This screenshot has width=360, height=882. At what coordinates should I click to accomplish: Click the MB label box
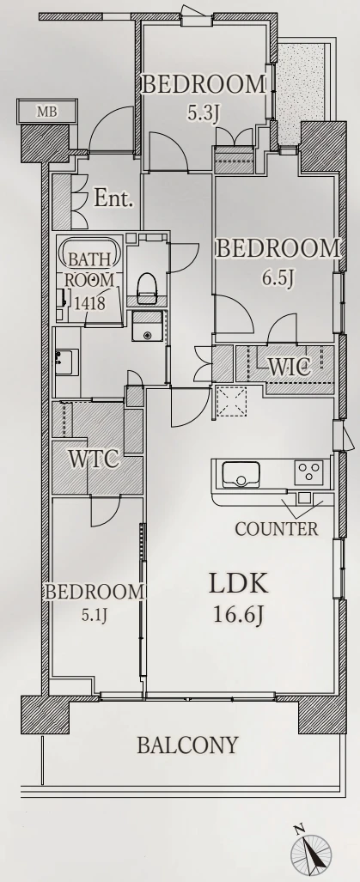(46, 111)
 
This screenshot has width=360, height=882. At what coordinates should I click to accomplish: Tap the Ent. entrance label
(113, 198)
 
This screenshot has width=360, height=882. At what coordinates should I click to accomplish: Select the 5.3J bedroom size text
(203, 114)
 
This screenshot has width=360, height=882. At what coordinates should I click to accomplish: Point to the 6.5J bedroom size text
(278, 278)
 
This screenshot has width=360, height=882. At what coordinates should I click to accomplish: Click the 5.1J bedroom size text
(95, 614)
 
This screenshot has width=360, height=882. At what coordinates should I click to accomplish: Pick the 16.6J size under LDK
(239, 615)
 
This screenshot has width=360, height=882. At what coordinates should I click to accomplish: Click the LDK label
(239, 584)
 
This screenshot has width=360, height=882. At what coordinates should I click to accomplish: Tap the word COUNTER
(276, 529)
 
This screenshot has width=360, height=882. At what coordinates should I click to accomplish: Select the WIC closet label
(289, 368)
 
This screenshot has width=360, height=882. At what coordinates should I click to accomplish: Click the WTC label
(95, 459)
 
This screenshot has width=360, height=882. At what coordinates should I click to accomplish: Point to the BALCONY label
(188, 745)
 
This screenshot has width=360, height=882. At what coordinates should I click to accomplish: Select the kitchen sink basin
(241, 473)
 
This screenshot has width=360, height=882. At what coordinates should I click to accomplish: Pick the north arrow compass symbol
(311, 851)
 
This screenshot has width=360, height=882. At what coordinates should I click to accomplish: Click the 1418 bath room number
(90, 304)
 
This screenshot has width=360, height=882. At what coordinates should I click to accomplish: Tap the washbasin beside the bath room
(67, 361)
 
